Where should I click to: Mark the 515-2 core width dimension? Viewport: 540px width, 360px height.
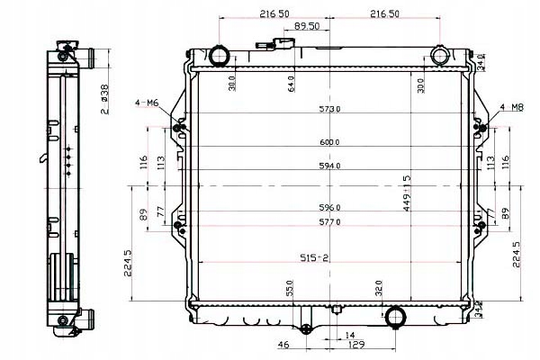pos(313,257)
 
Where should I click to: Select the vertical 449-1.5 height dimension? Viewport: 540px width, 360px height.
pos(407,193)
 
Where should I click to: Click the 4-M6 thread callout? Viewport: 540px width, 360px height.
pos(147,103)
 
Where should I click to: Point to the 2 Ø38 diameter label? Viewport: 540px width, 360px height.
pos(104,99)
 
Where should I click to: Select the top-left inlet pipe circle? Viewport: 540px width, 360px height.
pos(220,57)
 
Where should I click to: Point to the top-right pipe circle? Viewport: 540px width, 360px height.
pos(439,57)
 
